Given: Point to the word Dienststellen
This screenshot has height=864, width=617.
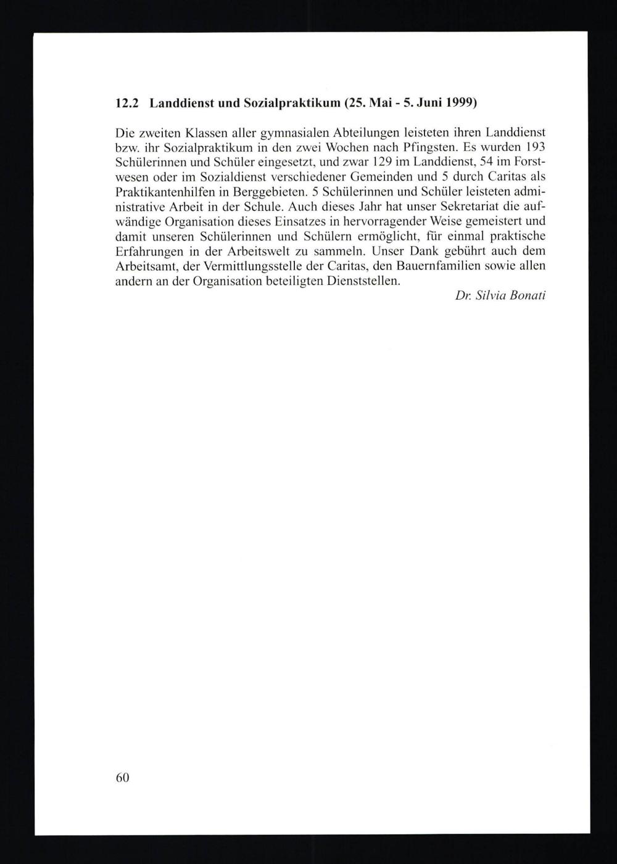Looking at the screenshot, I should coord(363,281).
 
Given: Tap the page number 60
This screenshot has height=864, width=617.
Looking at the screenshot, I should coord(122,778).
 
